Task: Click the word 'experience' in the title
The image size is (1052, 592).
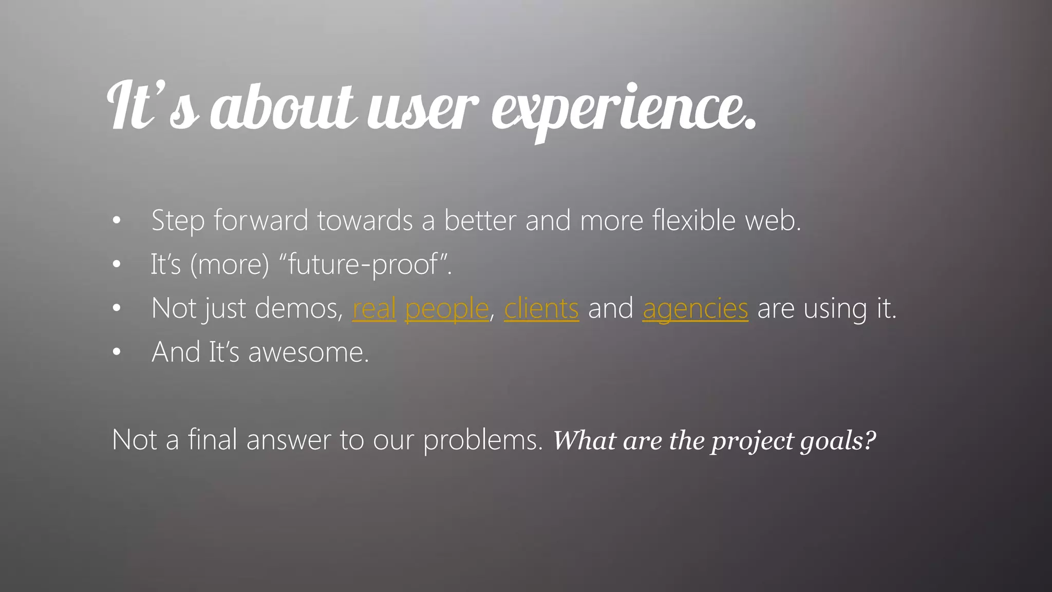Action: [x=623, y=109]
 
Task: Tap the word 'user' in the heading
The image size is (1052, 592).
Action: [x=423, y=109]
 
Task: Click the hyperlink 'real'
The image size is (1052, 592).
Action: [x=374, y=309]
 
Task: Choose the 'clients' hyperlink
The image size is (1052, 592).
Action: [x=541, y=309]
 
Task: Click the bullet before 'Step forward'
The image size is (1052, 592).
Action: [x=117, y=221]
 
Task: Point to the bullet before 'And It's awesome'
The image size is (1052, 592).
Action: [x=117, y=353]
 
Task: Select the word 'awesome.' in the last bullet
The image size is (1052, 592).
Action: [x=308, y=353]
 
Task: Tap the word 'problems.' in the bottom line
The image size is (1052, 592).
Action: [x=483, y=441]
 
